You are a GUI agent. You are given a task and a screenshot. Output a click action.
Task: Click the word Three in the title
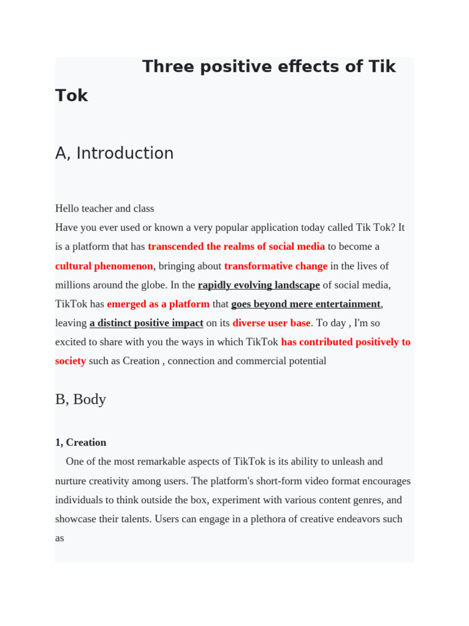pos(170,67)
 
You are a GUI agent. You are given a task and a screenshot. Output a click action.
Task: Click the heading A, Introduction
pos(114,153)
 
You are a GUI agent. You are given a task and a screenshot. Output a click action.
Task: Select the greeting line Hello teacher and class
pos(104,208)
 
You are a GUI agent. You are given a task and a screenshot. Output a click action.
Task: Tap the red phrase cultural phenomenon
pos(104,266)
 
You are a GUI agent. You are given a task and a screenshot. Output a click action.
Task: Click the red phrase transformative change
pos(275,266)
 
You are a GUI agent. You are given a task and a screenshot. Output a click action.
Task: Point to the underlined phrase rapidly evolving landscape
pos(258,285)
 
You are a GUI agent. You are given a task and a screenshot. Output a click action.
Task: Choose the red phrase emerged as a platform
pos(158,304)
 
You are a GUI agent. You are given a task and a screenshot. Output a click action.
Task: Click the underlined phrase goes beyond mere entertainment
pos(305,304)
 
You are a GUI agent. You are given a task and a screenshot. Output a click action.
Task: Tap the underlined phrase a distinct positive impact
pos(146,323)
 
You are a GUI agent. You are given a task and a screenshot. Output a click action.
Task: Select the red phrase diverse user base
pos(271,323)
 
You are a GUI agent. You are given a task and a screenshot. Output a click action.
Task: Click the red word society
pos(70,361)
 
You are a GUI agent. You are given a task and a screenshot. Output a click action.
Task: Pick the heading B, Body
pos(81,399)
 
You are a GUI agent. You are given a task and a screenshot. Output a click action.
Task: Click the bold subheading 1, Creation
pos(81,442)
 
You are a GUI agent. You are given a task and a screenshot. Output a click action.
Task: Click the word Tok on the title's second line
pos(71,96)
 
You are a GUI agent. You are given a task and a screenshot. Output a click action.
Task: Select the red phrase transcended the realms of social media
pos(236,246)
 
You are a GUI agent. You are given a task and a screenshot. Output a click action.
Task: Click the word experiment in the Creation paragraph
pos(255,500)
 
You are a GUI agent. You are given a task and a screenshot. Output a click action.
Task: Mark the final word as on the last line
pos(60,538)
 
